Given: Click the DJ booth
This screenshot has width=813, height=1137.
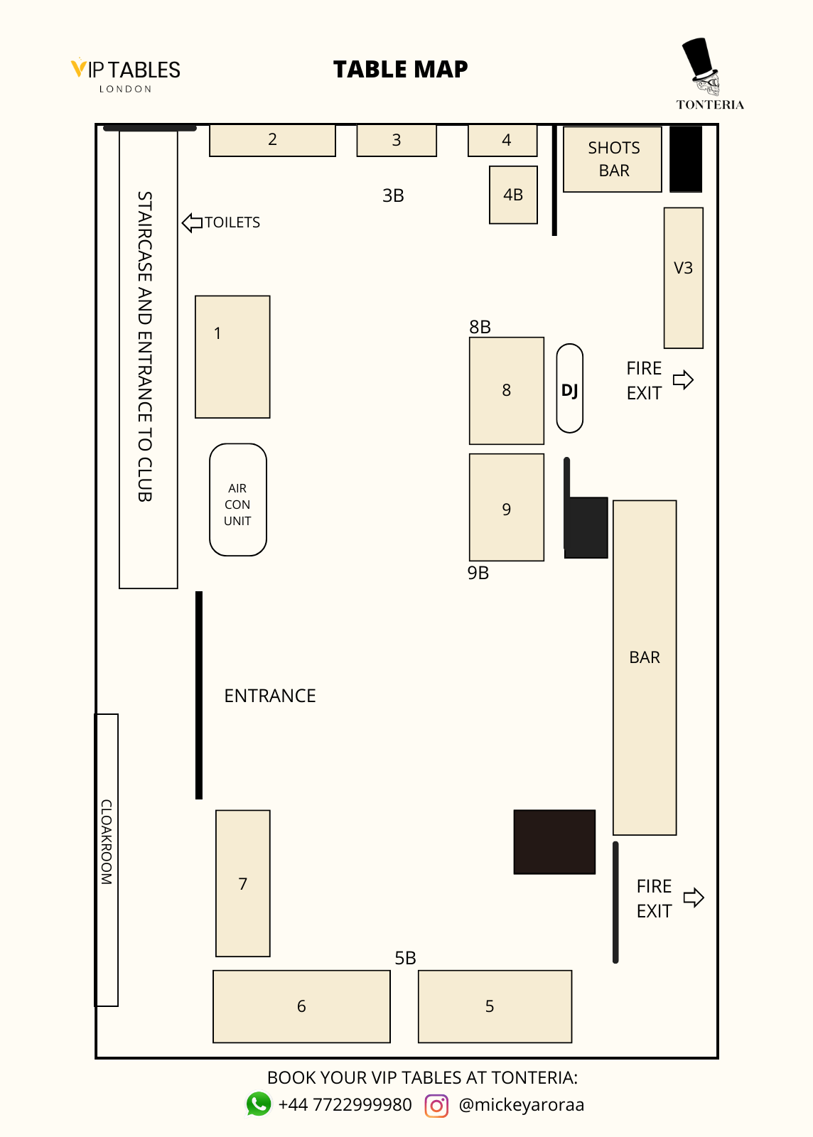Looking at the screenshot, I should click(569, 389).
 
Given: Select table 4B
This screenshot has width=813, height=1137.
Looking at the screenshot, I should click(513, 195).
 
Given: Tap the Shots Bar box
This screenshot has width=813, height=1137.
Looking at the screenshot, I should click(613, 159).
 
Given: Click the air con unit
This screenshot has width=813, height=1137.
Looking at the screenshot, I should click(238, 500).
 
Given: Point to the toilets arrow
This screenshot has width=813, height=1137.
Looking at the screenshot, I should click(192, 222).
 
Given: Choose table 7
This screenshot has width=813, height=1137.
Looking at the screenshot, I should click(243, 883).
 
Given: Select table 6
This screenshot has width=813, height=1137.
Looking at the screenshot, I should click(301, 1006).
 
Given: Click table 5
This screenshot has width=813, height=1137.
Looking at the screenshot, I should click(495, 1006).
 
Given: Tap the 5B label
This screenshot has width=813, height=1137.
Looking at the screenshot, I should click(405, 958).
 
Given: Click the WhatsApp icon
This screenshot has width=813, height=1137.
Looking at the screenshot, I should click(259, 1104).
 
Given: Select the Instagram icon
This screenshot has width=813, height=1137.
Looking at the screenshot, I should click(436, 1106).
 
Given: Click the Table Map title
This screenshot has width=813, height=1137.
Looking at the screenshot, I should click(400, 69).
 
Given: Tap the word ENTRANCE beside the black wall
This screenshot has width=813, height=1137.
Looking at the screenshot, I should click(270, 696).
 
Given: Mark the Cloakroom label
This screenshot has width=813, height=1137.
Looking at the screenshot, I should click(107, 842).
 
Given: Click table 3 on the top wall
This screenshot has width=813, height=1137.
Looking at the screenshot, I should click(397, 140).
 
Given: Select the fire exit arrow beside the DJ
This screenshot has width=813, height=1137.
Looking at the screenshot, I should click(683, 379).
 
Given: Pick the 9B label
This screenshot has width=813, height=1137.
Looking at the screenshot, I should click(478, 573).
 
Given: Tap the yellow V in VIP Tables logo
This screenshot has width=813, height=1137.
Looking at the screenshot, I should click(78, 68).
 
